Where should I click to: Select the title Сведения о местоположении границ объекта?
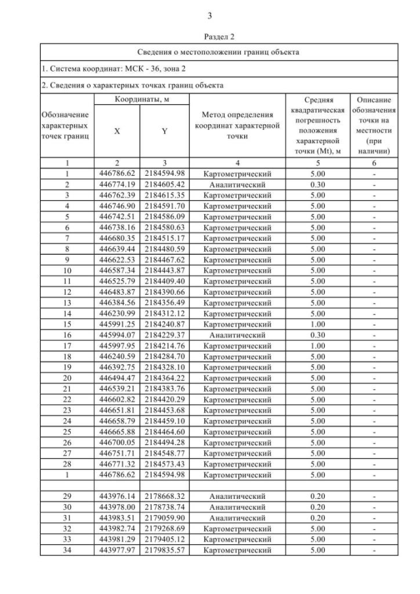click(x=209, y=52)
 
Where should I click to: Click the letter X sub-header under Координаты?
click(x=117, y=131)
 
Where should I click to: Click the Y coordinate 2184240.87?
click(x=165, y=324)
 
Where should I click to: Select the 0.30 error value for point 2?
click(x=317, y=185)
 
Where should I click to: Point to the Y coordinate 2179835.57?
click(x=165, y=549)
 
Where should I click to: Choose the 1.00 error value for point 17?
click(x=317, y=345)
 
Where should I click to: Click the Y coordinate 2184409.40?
click(x=165, y=282)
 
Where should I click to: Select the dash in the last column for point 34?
click(x=373, y=549)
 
